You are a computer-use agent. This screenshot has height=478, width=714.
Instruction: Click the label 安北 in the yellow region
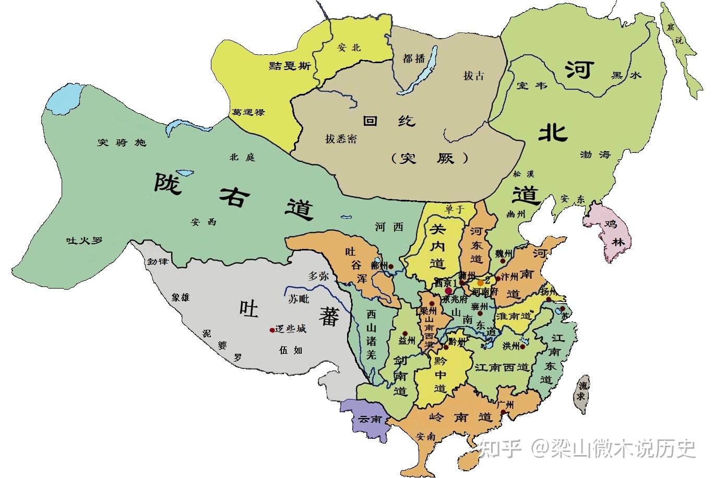pyautogui.click(x=349, y=47)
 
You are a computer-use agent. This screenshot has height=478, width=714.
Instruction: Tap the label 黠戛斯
pyautogui.click(x=290, y=65)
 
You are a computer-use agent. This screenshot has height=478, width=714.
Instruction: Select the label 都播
pyautogui.click(x=413, y=58)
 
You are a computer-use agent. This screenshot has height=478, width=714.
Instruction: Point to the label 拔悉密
pyautogui.click(x=341, y=139)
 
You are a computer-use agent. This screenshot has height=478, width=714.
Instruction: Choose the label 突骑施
pyautogui.click(x=122, y=142)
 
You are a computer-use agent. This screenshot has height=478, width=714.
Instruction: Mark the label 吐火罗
pyautogui.click(x=84, y=241)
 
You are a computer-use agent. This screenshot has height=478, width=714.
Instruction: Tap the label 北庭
pyautogui.click(x=242, y=157)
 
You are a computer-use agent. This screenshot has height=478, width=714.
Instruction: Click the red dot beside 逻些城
pyautogui.click(x=271, y=330)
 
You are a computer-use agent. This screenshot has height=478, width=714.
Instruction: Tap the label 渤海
pyautogui.click(x=594, y=155)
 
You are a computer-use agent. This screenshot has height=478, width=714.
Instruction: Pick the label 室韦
pyautogui.click(x=531, y=85)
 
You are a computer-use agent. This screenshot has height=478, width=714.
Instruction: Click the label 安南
pyautogui.click(x=426, y=437)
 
